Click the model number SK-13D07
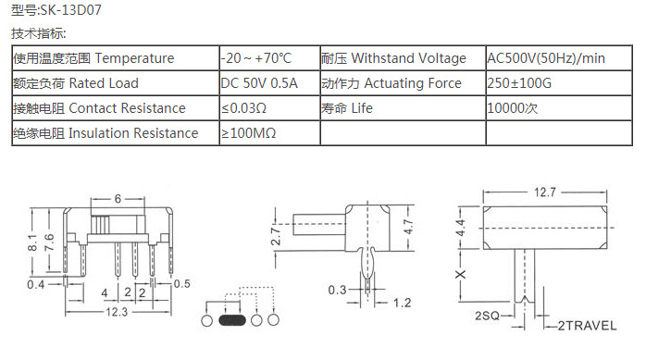point(71,10)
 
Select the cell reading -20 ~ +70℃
point(270,58)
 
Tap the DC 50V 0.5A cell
point(270,83)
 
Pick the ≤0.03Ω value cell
point(270,108)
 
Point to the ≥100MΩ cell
point(270,133)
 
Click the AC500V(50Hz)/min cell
point(559,58)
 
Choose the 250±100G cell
point(559,83)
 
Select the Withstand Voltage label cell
point(403,58)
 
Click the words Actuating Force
point(413,83)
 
